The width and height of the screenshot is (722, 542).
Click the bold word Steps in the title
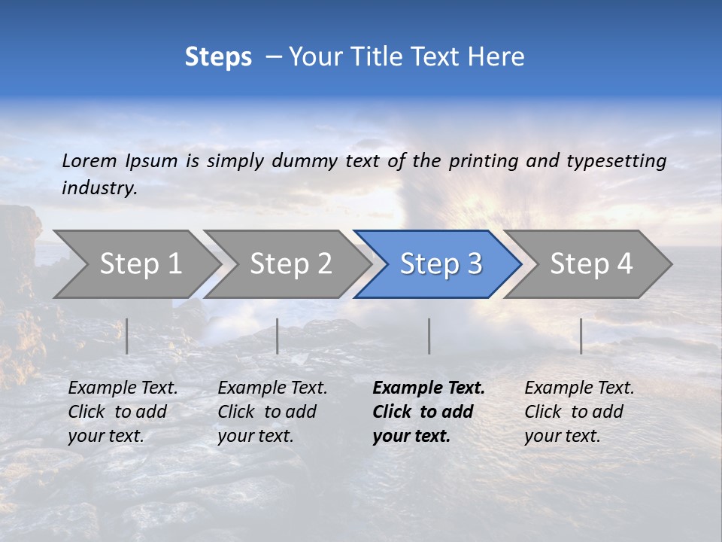pos(218,57)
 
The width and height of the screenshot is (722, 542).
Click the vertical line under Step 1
pos(127,336)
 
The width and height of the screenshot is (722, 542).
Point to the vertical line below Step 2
pos(278,336)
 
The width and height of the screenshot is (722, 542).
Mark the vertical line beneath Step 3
pos(429,336)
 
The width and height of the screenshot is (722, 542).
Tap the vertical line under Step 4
pos(581,336)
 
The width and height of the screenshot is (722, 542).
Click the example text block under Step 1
pos(123,412)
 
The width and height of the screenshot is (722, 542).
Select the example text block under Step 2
pos(272,412)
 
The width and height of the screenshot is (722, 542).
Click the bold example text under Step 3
pos(428,412)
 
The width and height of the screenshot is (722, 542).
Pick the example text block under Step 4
pos(579,412)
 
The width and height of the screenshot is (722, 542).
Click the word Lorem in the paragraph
pos(89,160)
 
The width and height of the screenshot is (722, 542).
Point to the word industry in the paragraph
pos(99,188)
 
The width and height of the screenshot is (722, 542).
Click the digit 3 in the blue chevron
pos(474,264)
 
